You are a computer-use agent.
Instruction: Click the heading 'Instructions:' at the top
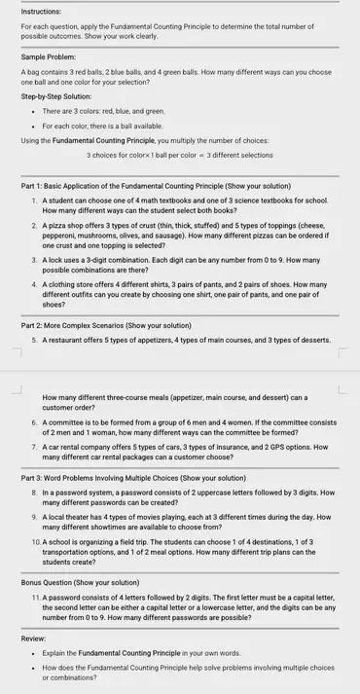[39, 9]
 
